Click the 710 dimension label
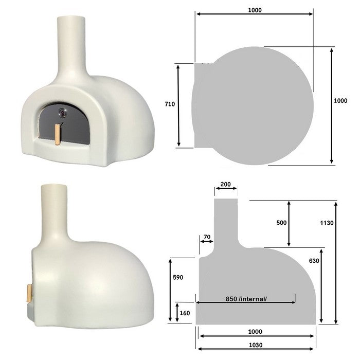170,104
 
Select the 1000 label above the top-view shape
254,10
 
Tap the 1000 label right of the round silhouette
340,101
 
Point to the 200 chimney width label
225,184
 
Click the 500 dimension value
281,223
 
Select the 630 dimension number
315,261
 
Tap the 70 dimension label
207,237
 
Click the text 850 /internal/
246,299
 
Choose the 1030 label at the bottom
256,345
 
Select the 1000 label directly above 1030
256,331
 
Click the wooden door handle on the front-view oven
58,135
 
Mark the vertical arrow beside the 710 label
178,105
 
